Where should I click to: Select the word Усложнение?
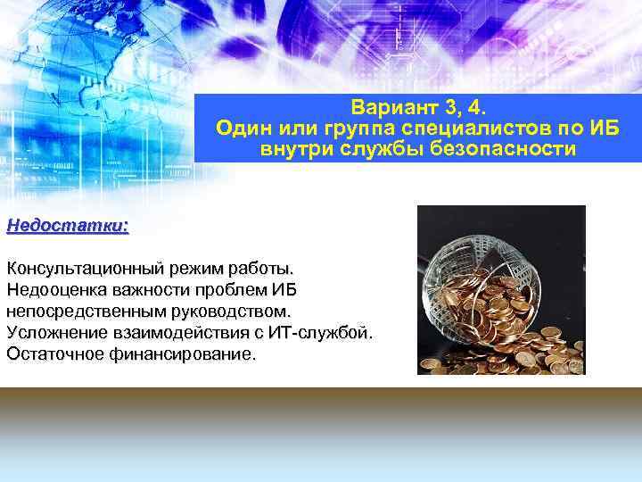[55, 332]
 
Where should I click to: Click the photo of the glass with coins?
[501, 290]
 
